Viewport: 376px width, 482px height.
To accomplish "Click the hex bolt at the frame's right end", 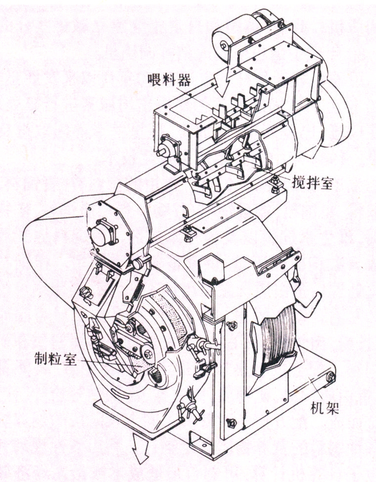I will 329,377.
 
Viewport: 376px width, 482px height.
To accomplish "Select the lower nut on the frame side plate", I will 230,422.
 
